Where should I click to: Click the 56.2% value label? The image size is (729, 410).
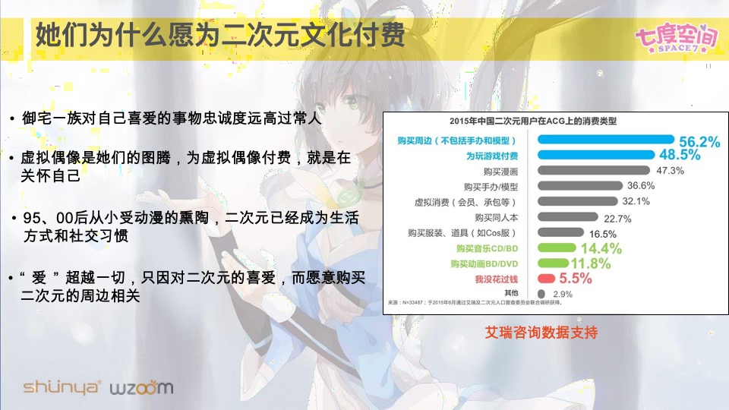pyautogui.click(x=699, y=142)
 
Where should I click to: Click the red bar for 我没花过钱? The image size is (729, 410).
pyautogui.click(x=548, y=279)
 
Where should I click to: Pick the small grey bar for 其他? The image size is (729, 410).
pyautogui.click(x=541, y=293)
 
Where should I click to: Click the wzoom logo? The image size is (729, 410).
pyautogui.click(x=141, y=388)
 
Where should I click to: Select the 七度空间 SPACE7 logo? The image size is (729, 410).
pyautogui.click(x=675, y=37)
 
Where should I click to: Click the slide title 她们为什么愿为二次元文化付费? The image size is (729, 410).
pyautogui.click(x=220, y=36)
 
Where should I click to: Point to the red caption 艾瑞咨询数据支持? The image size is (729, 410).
pyautogui.click(x=542, y=333)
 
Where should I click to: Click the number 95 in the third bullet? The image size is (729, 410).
pyautogui.click(x=33, y=219)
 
